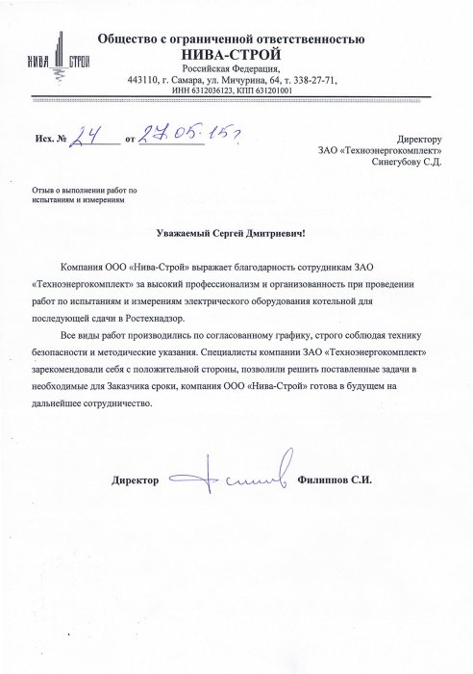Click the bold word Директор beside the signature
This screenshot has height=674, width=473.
click(134, 479)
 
